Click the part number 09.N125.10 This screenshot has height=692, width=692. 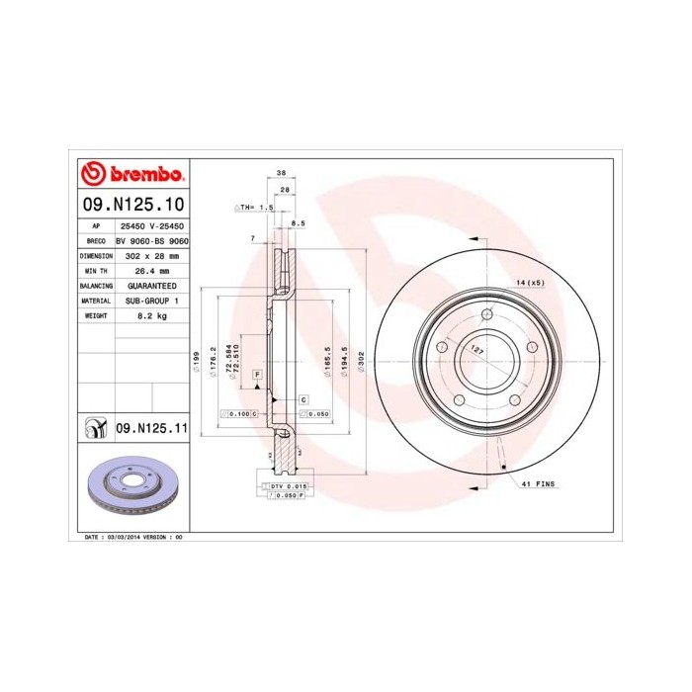tap(132, 205)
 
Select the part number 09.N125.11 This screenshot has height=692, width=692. tap(151, 428)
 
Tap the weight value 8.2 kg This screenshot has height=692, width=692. tap(151, 314)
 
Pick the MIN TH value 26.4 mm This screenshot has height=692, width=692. tap(151, 270)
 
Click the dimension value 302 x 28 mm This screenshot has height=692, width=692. tap(151, 255)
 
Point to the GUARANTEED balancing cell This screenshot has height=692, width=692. tap(151, 285)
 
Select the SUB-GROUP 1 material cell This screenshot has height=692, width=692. tap(151, 300)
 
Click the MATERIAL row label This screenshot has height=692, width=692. tap(95, 300)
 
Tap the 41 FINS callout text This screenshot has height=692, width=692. tap(540, 483)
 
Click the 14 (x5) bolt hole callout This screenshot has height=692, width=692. tap(530, 283)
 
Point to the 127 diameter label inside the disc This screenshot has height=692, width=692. tap(476, 348)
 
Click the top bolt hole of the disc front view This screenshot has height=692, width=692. tap(487, 316)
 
